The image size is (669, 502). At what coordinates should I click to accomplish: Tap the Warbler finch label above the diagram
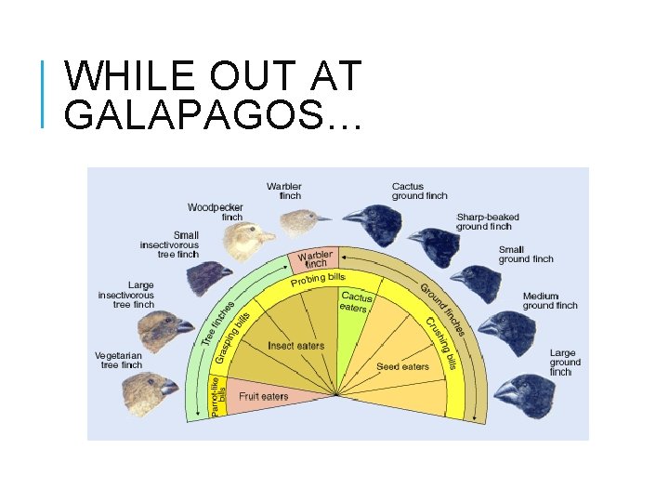click(283, 191)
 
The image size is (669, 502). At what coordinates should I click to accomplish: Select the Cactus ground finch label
click(419, 191)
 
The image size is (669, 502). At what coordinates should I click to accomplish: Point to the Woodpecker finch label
click(215, 211)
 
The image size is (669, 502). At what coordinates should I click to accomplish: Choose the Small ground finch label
click(525, 254)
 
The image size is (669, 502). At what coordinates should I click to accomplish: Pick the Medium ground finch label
click(549, 300)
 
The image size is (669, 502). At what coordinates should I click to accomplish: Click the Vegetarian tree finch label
click(118, 360)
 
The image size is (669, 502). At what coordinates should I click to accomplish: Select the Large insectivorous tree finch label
click(127, 295)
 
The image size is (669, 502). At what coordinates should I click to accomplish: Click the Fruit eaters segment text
click(264, 396)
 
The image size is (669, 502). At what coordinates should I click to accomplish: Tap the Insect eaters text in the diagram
click(295, 346)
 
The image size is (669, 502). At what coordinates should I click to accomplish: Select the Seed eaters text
click(402, 366)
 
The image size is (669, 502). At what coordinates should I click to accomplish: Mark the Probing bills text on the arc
click(318, 279)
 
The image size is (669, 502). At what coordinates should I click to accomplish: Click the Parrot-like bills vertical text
click(218, 395)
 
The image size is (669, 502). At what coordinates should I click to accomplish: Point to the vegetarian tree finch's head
click(146, 390)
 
